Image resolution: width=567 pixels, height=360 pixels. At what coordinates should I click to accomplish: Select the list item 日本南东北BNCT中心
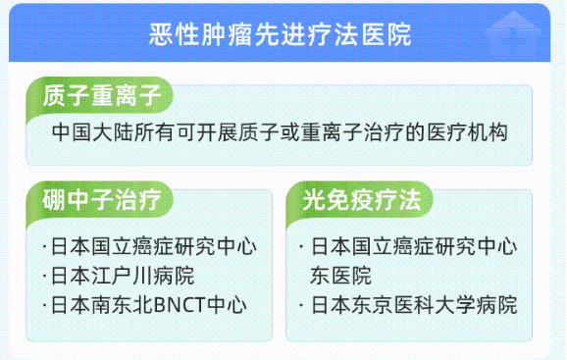click(x=149, y=305)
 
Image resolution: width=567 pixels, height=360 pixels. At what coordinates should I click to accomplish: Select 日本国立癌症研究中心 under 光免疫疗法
click(x=412, y=246)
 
